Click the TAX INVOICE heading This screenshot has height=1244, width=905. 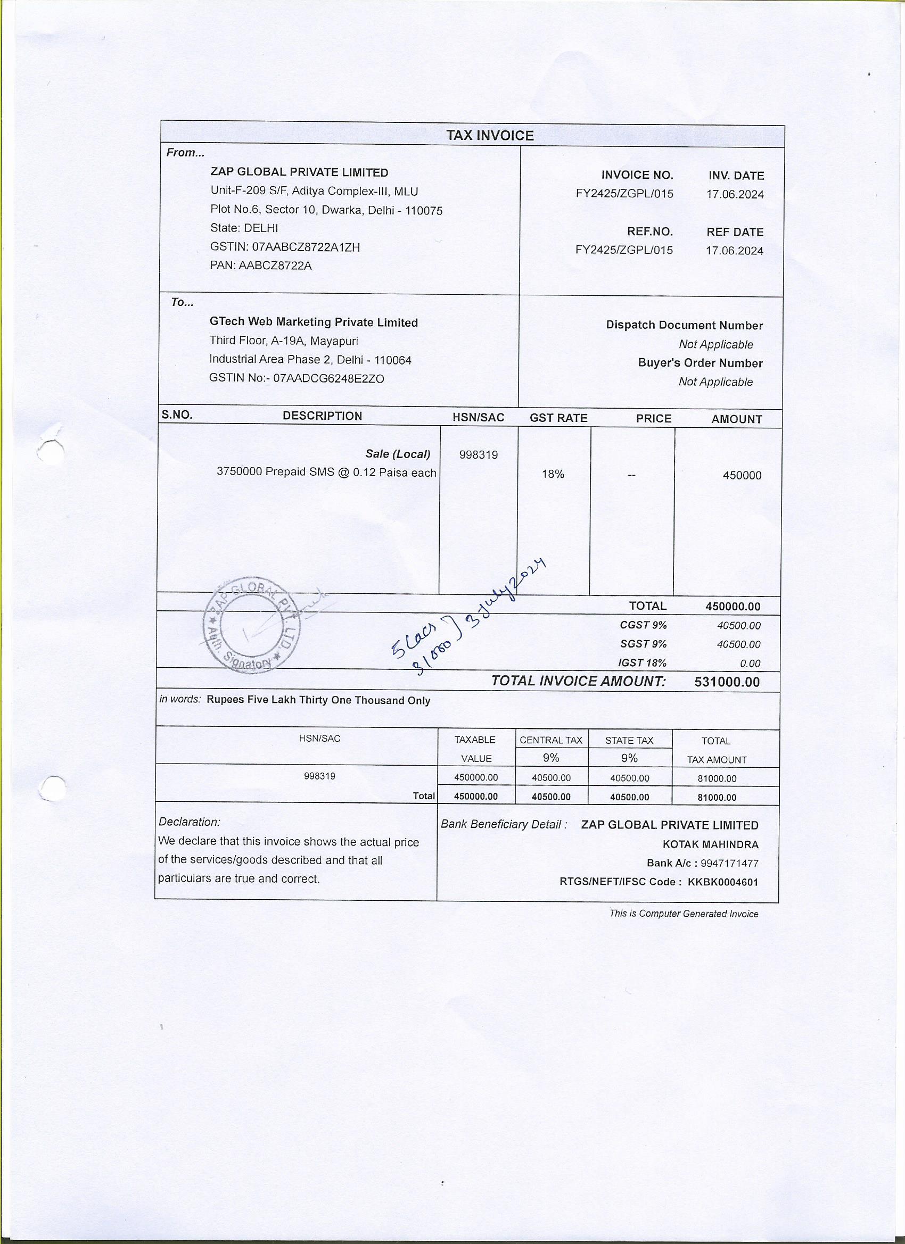[490, 136]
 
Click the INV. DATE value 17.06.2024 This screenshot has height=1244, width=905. [735, 194]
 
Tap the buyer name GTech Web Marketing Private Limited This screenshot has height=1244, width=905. [314, 322]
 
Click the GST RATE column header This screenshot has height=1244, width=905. [558, 418]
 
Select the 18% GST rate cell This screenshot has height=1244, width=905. [553, 474]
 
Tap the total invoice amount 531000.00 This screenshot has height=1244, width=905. [727, 682]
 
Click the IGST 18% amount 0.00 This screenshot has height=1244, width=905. [750, 663]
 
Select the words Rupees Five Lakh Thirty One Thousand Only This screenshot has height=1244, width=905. [318, 700]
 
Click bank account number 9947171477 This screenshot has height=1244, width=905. [729, 864]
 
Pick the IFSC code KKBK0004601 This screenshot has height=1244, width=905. [723, 882]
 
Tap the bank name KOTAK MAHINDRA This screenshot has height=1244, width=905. [710, 845]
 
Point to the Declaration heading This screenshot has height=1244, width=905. [190, 822]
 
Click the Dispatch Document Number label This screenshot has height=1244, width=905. [684, 325]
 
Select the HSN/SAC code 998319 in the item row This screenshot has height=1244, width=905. [478, 455]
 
